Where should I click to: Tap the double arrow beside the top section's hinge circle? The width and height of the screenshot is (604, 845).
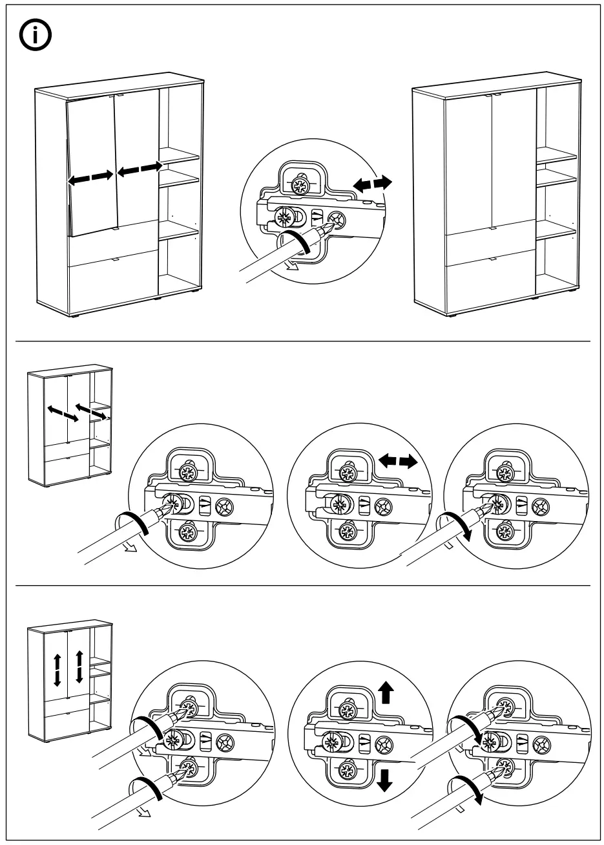[x=373, y=184]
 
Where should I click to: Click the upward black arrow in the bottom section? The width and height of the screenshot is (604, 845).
[x=386, y=692]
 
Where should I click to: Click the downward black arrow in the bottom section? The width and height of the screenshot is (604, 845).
[x=385, y=780]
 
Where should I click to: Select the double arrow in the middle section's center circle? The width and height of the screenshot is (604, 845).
[x=398, y=462]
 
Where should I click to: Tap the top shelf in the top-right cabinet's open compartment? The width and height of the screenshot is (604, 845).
[x=556, y=156]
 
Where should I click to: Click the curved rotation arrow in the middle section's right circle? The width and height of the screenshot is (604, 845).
[x=454, y=522]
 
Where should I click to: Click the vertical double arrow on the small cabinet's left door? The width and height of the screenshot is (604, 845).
[x=57, y=670]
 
